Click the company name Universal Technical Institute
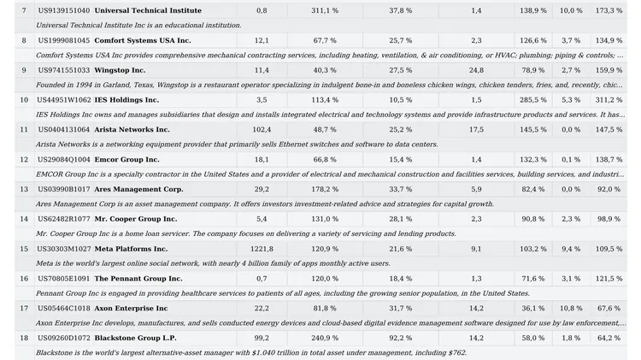[x=148, y=10]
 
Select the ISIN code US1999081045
[x=64, y=40]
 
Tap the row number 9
[x=24, y=70]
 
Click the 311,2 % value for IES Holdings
[x=609, y=100]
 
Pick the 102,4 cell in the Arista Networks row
[x=262, y=130]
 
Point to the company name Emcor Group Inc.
[x=126, y=160]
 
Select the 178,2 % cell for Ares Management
[x=325, y=190]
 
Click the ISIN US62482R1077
[x=64, y=219]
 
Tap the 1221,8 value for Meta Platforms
[x=262, y=249]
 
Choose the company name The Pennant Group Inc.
[x=138, y=279]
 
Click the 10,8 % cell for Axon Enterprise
[x=571, y=309]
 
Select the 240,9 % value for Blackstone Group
[x=325, y=339]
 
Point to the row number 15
[x=24, y=249]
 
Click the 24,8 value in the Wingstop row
[x=476, y=70]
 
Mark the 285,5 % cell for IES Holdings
[x=533, y=100]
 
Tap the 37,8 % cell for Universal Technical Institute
[x=401, y=10]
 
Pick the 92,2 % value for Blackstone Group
[x=401, y=339]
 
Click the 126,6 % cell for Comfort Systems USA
[x=533, y=40]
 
